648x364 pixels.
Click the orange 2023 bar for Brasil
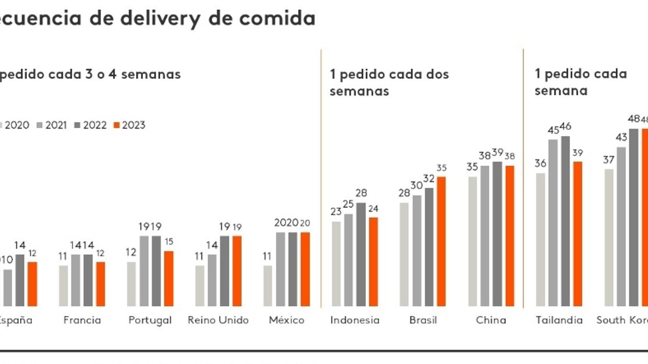pyautogui.click(x=441, y=241)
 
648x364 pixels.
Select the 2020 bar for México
pyautogui.click(x=268, y=286)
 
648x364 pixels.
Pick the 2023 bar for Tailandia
pyautogui.click(x=578, y=234)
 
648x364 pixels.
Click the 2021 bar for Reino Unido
pyautogui.click(x=212, y=280)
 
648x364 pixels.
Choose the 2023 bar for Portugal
pyautogui.click(x=169, y=278)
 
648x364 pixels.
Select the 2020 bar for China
pyautogui.click(x=473, y=241)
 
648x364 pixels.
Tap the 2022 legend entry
pyautogui.click(x=91, y=125)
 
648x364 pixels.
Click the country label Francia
pyautogui.click(x=82, y=320)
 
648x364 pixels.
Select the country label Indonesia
pyautogui.click(x=355, y=320)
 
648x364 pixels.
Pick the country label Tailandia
pyautogui.click(x=559, y=320)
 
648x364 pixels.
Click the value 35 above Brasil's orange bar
pyautogui.click(x=441, y=168)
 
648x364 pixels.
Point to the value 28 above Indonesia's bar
pyautogui.click(x=361, y=193)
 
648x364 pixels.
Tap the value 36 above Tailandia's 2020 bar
pyautogui.click(x=540, y=163)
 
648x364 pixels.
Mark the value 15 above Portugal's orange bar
pyautogui.click(x=169, y=241)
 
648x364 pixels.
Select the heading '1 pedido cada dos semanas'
pyautogui.click(x=389, y=83)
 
